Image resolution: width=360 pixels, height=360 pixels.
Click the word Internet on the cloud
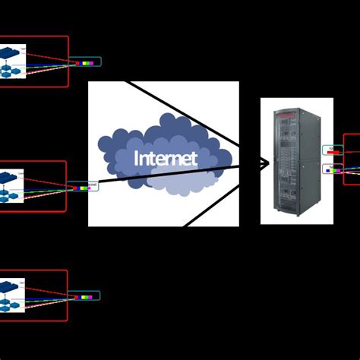(x=166, y=158)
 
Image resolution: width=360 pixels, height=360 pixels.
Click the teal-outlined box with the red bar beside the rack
(x=333, y=150)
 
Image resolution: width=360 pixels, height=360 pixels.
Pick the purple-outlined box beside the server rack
(x=333, y=169)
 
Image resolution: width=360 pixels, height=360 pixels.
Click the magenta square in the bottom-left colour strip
(x=88, y=296)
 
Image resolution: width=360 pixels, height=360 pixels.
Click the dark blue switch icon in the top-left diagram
(x=8, y=53)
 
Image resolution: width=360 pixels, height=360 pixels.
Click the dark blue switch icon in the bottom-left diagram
(x=8, y=286)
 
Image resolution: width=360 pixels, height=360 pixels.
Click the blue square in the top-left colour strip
(x=93, y=63)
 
